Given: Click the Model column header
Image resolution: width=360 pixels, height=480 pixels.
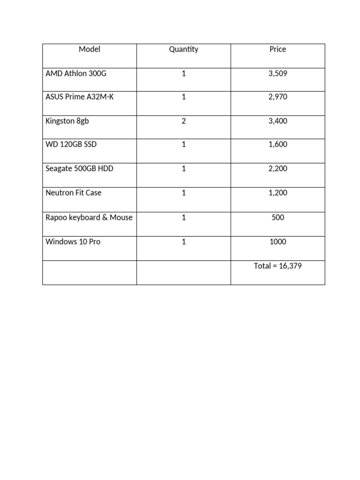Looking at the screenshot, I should click(90, 49).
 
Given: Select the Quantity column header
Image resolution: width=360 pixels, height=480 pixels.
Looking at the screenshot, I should click(184, 49).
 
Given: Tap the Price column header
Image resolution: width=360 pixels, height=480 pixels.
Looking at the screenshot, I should click(277, 49).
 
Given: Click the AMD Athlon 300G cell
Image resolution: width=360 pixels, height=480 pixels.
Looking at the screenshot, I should click(76, 74).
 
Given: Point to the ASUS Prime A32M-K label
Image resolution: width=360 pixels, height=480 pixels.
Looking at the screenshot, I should click(80, 97).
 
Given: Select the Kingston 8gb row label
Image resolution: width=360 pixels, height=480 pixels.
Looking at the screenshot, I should click(67, 121).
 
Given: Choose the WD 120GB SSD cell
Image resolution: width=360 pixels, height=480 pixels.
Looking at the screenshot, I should click(71, 144).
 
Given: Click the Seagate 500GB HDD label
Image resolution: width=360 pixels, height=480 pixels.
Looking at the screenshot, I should click(79, 168).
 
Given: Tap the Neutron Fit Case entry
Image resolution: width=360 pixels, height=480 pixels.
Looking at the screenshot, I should click(74, 193).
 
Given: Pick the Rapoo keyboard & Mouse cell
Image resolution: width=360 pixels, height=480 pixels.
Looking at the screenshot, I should click(89, 217).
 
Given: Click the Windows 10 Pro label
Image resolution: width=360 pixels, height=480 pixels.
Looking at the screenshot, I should click(73, 242).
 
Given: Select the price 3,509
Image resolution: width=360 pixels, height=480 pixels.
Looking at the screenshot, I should click(278, 74).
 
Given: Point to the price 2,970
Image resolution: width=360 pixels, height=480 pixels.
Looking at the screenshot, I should click(278, 97).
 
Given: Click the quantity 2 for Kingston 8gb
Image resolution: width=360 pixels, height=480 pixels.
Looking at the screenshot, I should click(184, 121).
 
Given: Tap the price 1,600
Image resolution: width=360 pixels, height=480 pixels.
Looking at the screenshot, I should click(278, 144).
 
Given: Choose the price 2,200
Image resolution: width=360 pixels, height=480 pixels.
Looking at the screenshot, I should click(278, 168).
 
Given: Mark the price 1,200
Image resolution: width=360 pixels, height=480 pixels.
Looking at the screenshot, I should click(278, 193).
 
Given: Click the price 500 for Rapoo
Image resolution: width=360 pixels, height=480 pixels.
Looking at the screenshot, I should click(278, 217).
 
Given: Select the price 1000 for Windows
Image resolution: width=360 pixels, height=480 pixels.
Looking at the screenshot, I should click(278, 242).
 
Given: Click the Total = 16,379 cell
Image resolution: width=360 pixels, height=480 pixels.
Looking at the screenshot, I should click(278, 266).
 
